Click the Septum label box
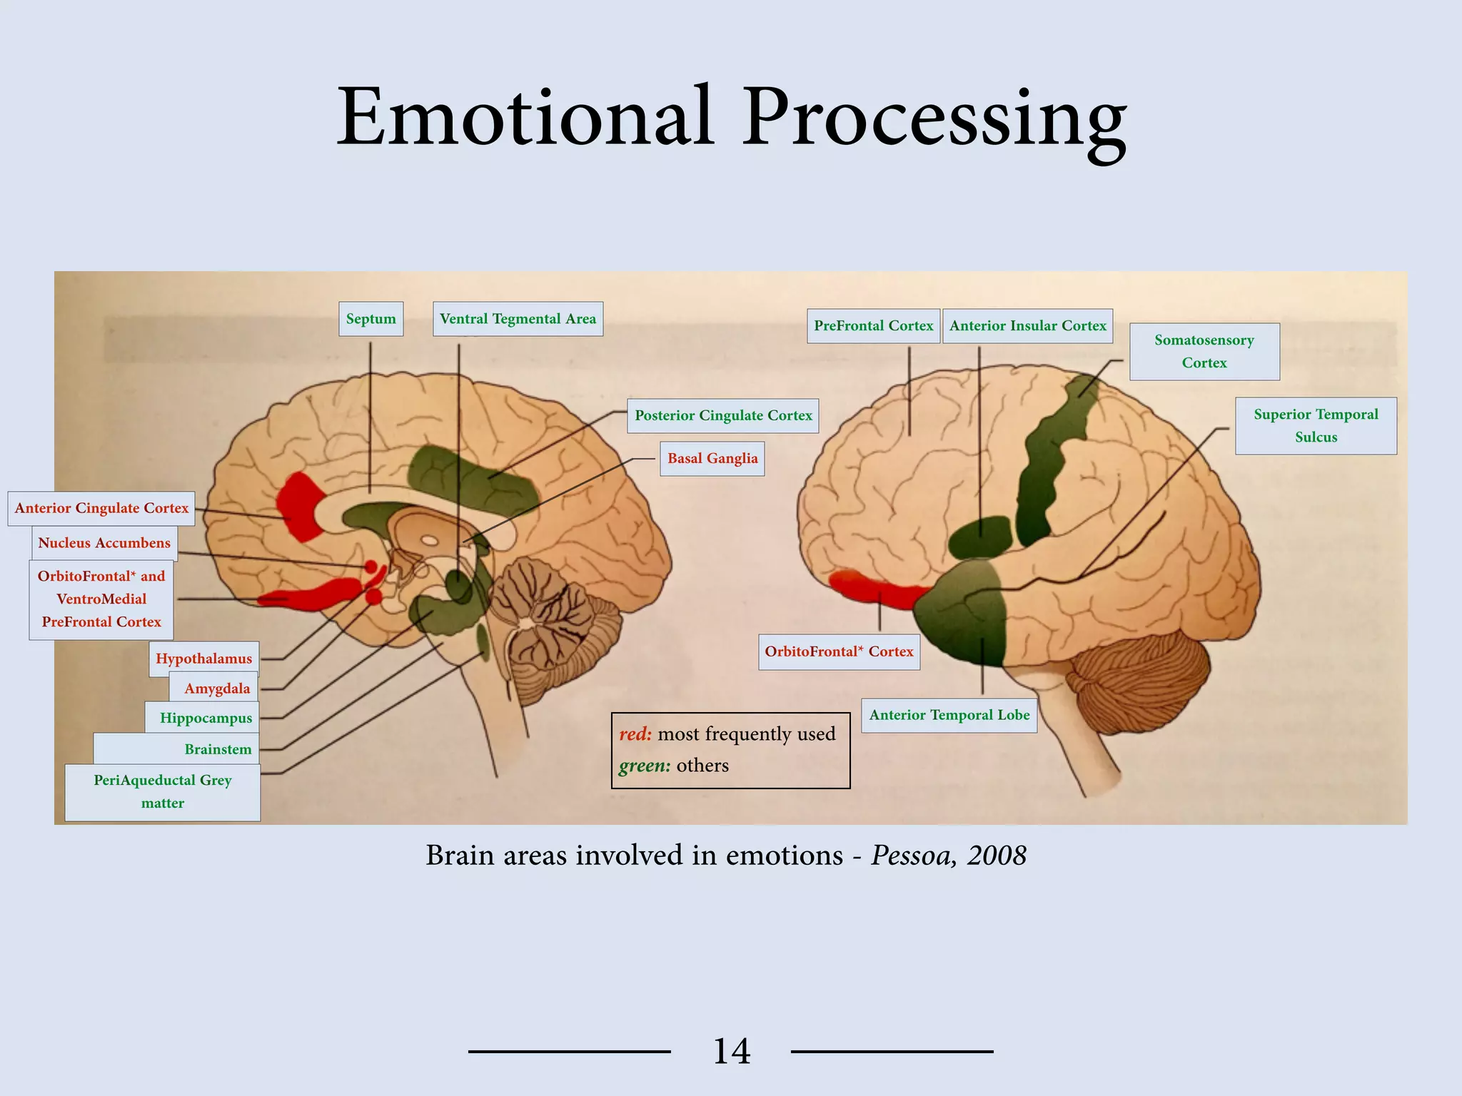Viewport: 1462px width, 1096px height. pos(370,319)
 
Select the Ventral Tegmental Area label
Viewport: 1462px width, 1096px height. pos(518,319)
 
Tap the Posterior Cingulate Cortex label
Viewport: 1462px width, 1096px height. pos(723,415)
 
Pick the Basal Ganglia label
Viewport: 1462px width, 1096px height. pos(712,458)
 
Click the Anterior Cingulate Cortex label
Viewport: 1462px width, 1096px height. pos(101,508)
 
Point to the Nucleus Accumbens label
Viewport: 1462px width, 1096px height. pos(104,543)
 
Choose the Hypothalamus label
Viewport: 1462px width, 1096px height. pos(203,659)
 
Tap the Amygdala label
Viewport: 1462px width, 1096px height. pos(217,689)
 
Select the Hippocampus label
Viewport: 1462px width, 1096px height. pos(206,718)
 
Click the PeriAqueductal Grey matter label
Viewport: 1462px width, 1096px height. pos(163,791)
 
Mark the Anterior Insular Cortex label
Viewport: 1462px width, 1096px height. pos(1027,326)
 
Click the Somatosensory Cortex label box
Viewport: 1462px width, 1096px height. pos(1204,351)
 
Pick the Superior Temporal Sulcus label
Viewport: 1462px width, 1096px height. pos(1316,425)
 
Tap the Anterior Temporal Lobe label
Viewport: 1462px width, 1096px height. pos(949,715)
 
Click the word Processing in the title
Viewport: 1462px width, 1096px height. pos(934,118)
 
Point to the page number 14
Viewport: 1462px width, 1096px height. pos(732,1051)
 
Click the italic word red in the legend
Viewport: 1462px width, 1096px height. pos(635,734)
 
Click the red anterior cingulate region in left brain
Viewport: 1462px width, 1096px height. pos(300,504)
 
